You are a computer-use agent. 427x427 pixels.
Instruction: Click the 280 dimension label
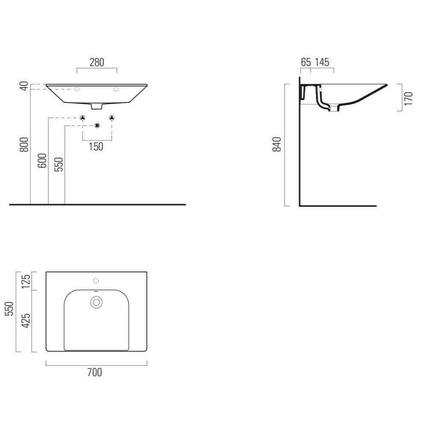click(97, 63)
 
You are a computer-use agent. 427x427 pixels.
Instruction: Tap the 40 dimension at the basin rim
click(24, 86)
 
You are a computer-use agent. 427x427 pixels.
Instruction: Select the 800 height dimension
click(24, 145)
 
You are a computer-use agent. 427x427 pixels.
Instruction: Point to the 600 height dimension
click(42, 161)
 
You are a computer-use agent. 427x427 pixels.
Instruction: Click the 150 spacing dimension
click(96, 147)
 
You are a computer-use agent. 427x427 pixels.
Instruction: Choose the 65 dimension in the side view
click(306, 62)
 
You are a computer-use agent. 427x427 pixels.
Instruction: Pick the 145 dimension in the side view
click(322, 62)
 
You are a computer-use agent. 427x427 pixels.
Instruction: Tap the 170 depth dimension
click(409, 99)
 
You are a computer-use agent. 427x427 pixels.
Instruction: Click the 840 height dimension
click(277, 144)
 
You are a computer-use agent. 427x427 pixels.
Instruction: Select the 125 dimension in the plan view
click(26, 281)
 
